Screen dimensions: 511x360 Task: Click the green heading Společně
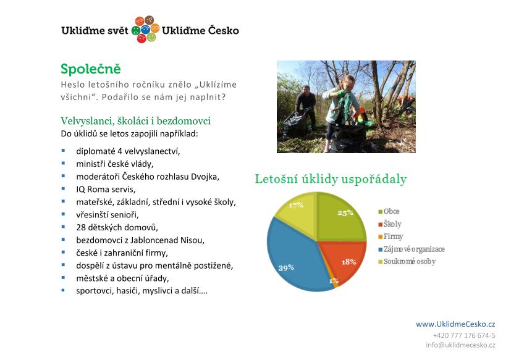[x=91, y=69]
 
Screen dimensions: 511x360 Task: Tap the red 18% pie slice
[x=345, y=261]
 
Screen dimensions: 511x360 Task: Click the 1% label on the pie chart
[x=334, y=280]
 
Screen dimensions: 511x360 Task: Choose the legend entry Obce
[x=389, y=211]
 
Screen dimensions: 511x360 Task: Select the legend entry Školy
[x=390, y=224]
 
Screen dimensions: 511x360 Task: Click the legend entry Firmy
[x=391, y=237]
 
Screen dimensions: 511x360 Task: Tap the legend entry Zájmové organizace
[x=412, y=249]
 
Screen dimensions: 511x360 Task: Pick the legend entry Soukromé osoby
[x=407, y=262]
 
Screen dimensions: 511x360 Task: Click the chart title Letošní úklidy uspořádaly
[x=331, y=179]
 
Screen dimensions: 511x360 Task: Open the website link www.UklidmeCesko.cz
[x=455, y=324]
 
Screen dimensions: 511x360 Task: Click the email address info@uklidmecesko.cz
[x=460, y=345]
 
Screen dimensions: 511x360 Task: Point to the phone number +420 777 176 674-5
[x=464, y=335]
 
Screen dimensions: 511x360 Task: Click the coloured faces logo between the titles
[x=145, y=29]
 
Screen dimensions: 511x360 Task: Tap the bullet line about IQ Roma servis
[x=106, y=190]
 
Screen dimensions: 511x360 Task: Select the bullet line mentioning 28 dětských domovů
[x=117, y=227]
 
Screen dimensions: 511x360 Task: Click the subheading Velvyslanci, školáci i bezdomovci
[x=135, y=121]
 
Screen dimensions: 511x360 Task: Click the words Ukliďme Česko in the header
[x=200, y=30]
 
